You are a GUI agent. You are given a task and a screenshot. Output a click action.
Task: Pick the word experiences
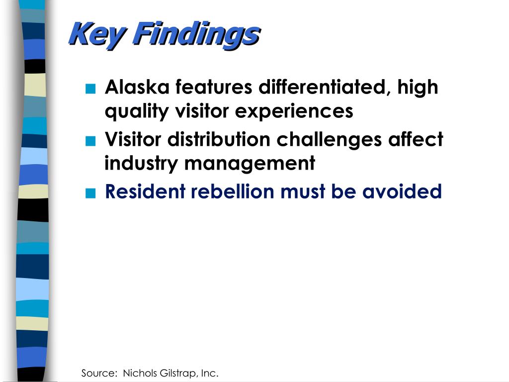tap(294, 111)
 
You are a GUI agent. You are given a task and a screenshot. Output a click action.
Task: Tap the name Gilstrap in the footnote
tap(177, 373)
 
